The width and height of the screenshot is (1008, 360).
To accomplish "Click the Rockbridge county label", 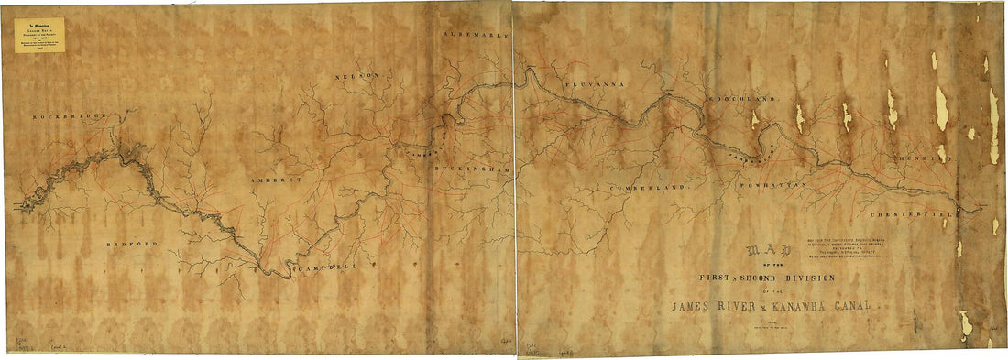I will pos(70,118).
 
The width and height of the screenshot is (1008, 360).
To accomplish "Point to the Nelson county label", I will pos(356,75).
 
